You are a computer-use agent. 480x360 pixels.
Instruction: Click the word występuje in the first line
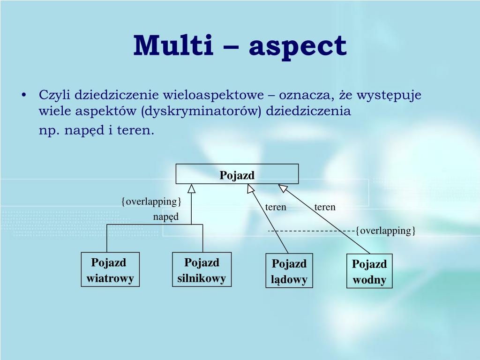[x=389, y=96]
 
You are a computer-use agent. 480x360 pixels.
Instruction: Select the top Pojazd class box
[x=237, y=174]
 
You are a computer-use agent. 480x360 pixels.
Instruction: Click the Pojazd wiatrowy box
[x=110, y=270]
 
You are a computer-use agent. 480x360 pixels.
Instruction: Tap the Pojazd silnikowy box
[x=202, y=270]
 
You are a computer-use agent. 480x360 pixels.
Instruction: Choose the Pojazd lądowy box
[x=289, y=271]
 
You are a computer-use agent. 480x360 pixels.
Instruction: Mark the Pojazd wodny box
[x=369, y=271]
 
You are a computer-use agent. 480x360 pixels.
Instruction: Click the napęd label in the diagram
[x=165, y=217]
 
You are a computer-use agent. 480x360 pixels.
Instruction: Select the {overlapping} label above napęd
[x=151, y=202]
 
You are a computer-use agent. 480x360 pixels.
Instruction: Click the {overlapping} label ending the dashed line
[x=385, y=231]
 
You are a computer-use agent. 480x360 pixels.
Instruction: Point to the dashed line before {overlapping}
[x=311, y=231]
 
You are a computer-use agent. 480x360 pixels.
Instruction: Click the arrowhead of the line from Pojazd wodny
[x=283, y=188]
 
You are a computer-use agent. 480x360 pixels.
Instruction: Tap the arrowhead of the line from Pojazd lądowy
[x=251, y=188]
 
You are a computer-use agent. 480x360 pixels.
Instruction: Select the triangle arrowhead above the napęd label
[x=191, y=188]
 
